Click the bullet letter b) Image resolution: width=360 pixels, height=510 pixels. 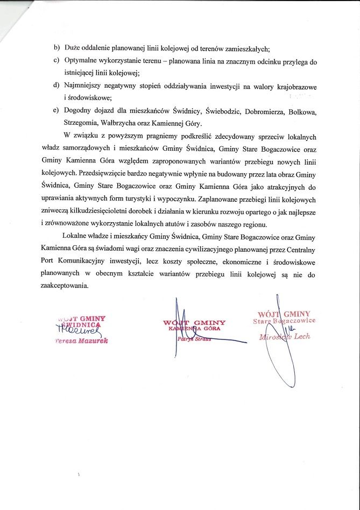point(57,48)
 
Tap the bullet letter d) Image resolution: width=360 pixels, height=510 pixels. point(57,86)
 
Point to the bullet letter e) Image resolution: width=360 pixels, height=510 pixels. point(57,111)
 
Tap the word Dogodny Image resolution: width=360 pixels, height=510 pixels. point(78,111)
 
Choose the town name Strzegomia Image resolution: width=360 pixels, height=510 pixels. point(77,123)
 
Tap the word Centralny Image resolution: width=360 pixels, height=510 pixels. point(300,249)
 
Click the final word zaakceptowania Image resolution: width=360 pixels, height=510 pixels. point(63,286)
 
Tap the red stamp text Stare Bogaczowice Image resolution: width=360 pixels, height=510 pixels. point(284,321)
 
